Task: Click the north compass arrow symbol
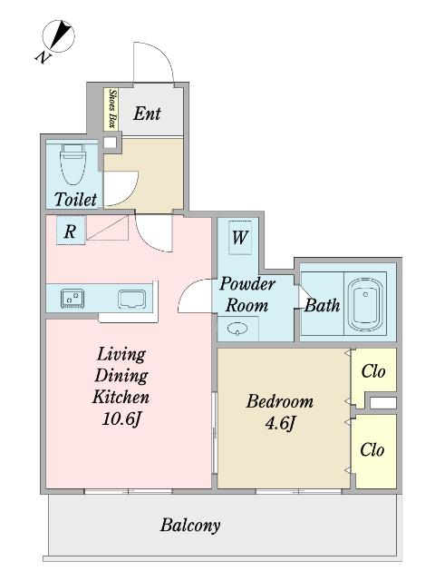(59, 37)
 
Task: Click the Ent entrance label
(148, 113)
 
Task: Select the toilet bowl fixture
(72, 166)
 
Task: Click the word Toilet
(75, 198)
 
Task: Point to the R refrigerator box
(69, 231)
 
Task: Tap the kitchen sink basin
(131, 297)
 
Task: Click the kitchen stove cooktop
(72, 297)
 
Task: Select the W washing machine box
(240, 238)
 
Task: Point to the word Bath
(322, 305)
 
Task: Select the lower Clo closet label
(372, 450)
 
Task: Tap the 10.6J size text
(121, 419)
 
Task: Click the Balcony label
(190, 525)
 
